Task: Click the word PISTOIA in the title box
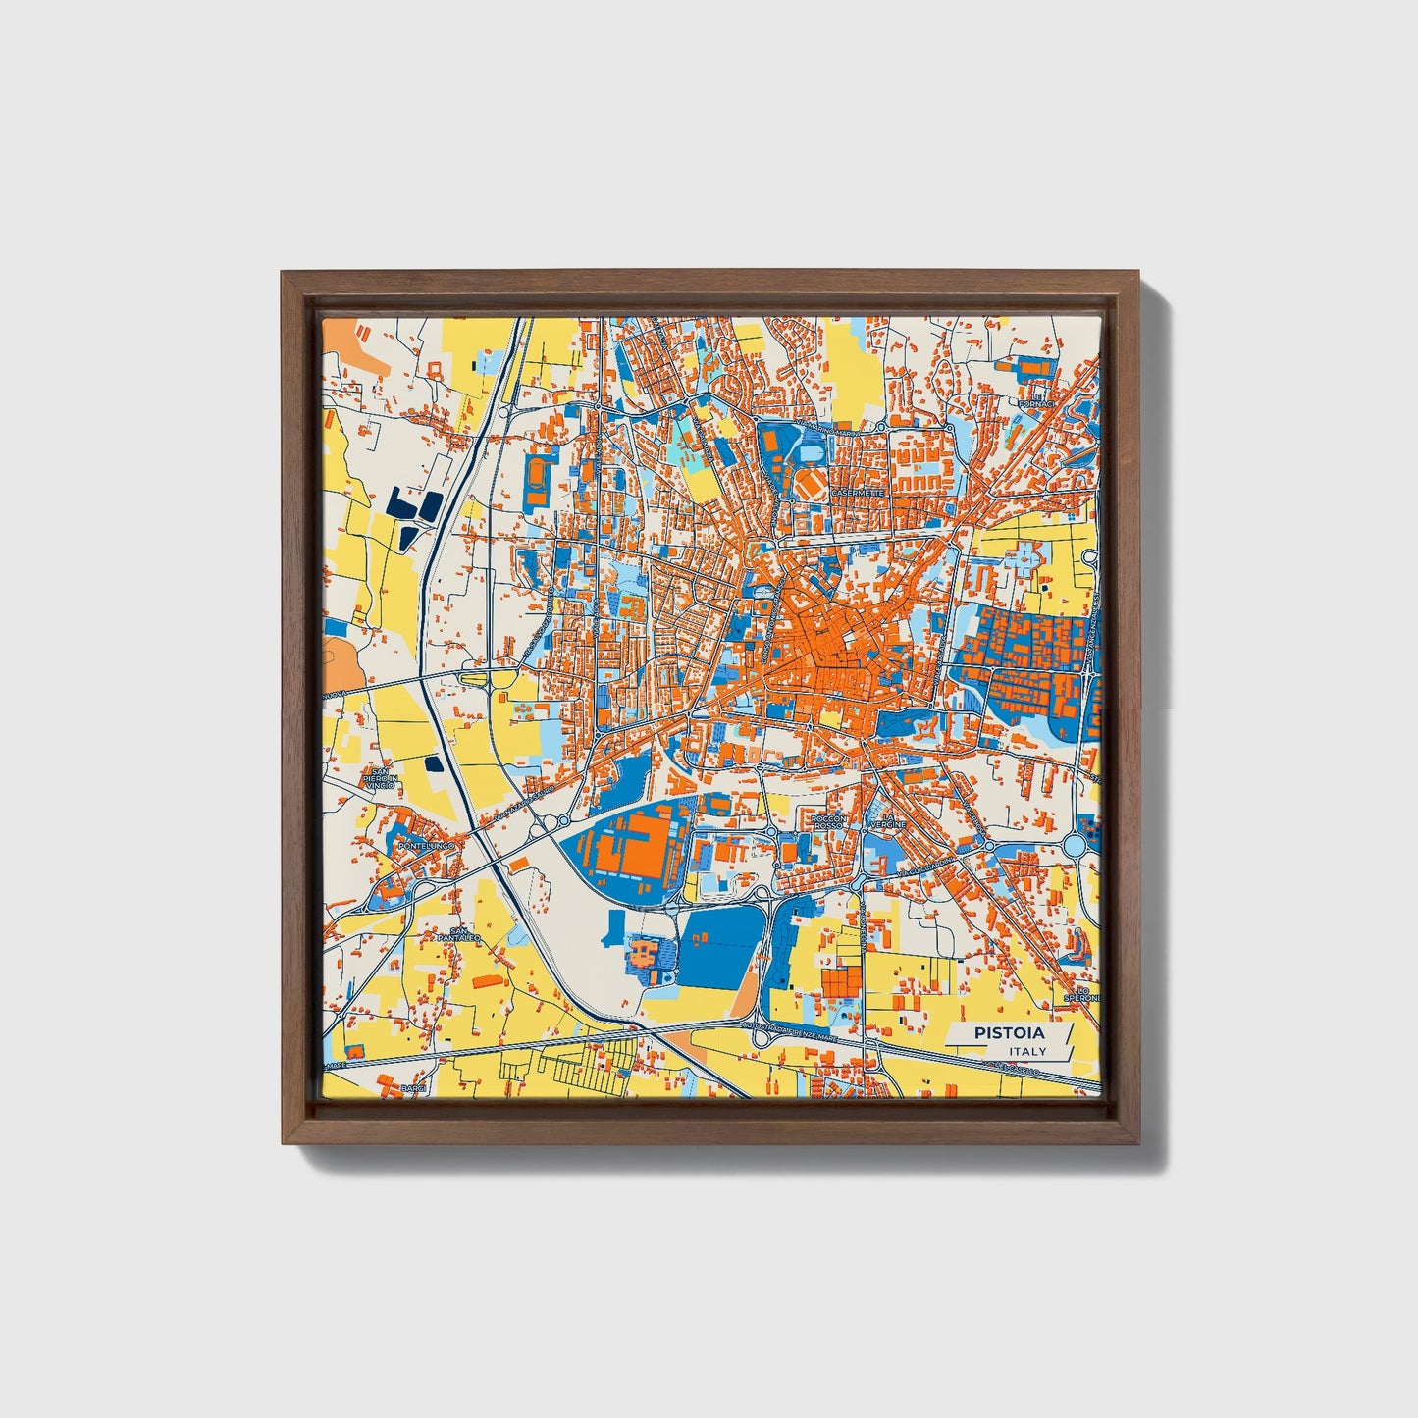tap(1009, 1033)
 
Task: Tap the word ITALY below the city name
tap(1026, 1052)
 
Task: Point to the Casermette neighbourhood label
tap(857, 492)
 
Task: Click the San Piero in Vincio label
tap(378, 779)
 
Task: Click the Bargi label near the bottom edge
tap(414, 1089)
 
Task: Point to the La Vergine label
tap(889, 821)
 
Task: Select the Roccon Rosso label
tap(828, 822)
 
